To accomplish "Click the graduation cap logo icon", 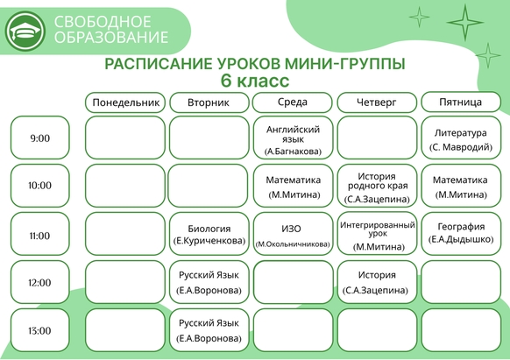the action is point(25,32).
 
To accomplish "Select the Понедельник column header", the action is point(125,102).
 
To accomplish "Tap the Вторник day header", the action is point(209,102).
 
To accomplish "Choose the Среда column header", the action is point(293,102).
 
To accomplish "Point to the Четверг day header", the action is point(377,102).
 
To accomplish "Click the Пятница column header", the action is point(461,102).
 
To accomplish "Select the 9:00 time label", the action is point(40,138).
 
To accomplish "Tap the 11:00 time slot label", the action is point(40,234).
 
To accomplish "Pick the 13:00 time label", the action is point(40,330).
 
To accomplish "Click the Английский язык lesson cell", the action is point(293,138).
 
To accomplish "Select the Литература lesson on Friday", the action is point(461,138).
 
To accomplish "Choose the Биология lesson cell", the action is point(209,234).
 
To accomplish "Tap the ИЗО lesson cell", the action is point(293,233).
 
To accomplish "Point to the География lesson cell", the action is point(461,234).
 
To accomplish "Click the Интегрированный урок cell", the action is point(378,233).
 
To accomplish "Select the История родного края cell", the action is point(378,186).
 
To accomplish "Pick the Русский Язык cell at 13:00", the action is point(209,330).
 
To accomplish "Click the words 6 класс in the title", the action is point(255,81).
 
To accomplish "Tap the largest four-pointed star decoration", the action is point(465,23).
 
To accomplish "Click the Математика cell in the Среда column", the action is point(293,186).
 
